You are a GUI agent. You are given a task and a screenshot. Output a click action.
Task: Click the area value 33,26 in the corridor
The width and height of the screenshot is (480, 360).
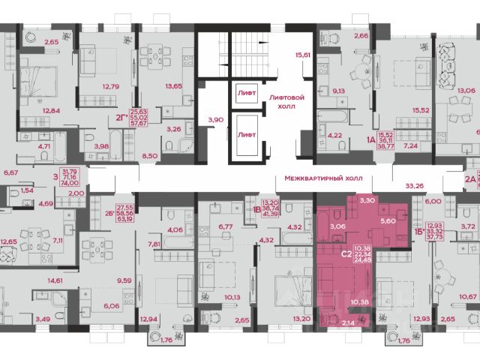(413, 185)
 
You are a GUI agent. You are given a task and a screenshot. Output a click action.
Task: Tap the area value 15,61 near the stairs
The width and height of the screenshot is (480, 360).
(303, 55)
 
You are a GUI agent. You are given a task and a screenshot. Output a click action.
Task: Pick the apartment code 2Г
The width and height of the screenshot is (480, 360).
(119, 118)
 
